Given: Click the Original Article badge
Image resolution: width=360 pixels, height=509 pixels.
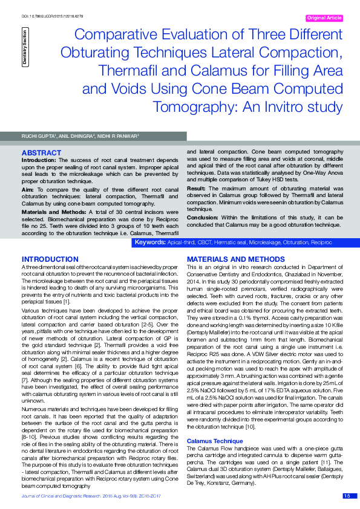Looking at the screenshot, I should tap(326, 18).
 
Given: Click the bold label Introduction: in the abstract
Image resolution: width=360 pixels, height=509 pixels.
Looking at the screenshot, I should tap(40, 160).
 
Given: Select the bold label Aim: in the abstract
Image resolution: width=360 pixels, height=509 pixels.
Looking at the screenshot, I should tap(27, 189).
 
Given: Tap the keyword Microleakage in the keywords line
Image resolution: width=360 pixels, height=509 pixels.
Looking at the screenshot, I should tap(259, 242).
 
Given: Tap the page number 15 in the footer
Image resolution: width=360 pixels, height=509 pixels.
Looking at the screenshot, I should tap(347, 496).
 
